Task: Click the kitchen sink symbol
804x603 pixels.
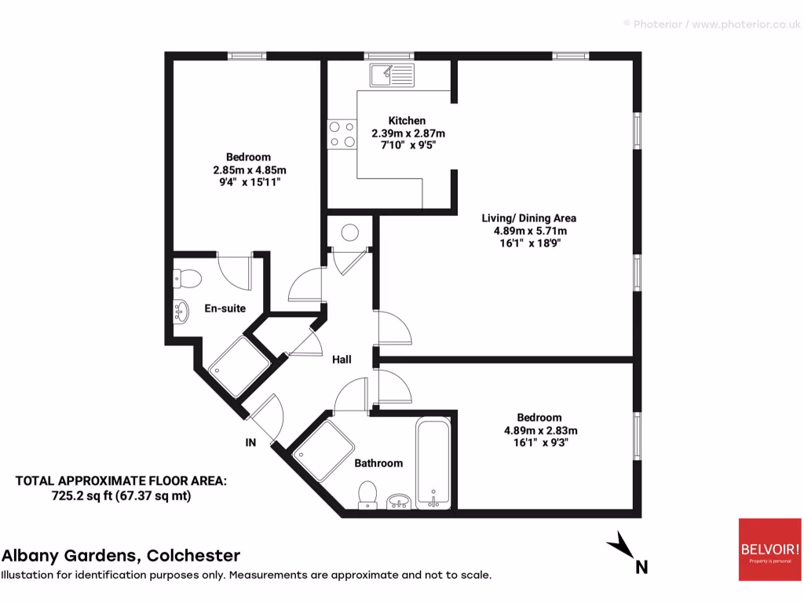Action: tap(393, 76)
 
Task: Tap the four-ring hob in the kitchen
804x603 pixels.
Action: tap(342, 133)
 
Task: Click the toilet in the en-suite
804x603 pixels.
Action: tap(187, 278)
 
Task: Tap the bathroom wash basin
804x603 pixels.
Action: tap(400, 500)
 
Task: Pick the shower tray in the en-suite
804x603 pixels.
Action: tap(233, 366)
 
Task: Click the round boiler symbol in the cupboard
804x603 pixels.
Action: tap(349, 233)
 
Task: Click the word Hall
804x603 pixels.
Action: tap(342, 360)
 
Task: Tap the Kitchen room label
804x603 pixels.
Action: tap(407, 121)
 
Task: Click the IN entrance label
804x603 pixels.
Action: tap(250, 443)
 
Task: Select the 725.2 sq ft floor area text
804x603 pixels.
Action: tap(122, 495)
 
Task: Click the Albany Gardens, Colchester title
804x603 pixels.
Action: tap(121, 556)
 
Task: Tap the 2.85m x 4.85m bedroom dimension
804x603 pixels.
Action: tap(249, 170)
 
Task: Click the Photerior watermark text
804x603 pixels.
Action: tap(711, 25)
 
